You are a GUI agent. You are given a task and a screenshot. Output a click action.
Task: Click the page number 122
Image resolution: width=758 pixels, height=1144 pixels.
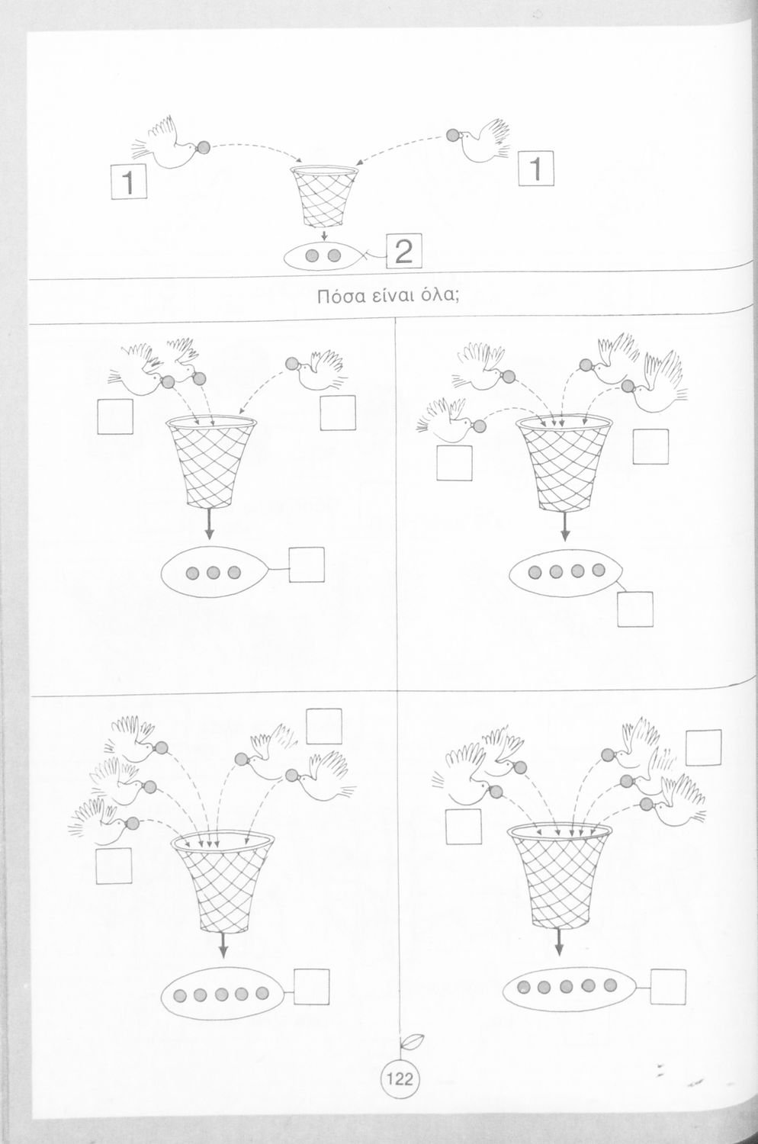click(399, 1080)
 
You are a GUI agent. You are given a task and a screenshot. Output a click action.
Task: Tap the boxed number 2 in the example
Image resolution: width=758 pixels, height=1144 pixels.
click(403, 251)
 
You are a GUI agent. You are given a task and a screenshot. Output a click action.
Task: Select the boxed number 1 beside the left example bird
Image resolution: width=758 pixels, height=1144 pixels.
click(129, 182)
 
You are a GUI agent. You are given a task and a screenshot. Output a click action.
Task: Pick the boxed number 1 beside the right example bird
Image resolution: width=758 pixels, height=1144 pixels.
click(536, 169)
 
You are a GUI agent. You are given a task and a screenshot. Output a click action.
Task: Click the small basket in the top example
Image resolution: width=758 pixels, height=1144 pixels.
click(324, 196)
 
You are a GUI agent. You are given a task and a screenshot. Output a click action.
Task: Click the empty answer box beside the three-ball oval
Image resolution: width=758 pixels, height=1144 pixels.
click(307, 564)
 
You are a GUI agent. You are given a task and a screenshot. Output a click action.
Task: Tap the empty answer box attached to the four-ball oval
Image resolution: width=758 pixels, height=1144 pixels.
click(635, 609)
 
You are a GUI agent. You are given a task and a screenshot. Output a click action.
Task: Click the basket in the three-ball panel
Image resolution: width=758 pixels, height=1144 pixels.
click(211, 462)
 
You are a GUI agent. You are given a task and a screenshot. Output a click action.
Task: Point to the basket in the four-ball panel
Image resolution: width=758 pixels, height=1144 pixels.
click(564, 463)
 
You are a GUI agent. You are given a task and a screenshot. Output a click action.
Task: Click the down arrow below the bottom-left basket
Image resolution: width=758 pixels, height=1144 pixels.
click(223, 946)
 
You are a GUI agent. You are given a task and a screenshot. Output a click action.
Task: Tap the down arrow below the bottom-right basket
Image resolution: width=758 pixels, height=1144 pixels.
click(558, 942)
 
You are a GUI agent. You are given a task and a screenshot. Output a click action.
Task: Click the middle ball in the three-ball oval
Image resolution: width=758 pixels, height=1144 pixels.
click(213, 573)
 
